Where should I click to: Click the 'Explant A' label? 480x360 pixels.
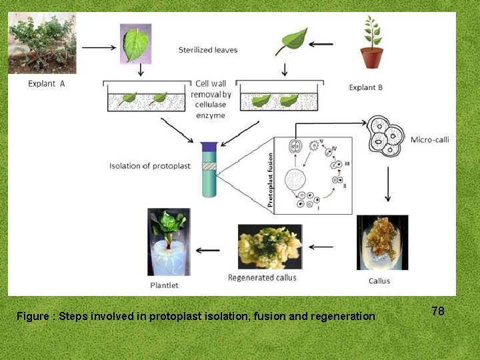point(47,83)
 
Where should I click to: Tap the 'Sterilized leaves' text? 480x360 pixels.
point(208,50)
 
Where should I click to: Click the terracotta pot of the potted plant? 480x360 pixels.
point(372,57)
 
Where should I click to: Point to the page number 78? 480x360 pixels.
point(438,311)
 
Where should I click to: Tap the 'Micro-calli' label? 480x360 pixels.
point(430,139)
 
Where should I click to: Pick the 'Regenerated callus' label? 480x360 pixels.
point(262,277)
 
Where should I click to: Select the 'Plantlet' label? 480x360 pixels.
point(164,285)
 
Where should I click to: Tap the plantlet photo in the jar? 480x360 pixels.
point(169,241)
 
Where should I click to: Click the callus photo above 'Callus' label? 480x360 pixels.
point(382,242)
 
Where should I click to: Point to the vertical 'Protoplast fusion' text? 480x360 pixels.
point(271,178)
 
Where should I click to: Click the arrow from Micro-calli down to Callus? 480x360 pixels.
point(388,183)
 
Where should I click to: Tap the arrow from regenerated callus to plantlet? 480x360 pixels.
point(209,250)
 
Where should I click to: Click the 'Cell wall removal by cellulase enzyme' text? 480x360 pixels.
point(211,99)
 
